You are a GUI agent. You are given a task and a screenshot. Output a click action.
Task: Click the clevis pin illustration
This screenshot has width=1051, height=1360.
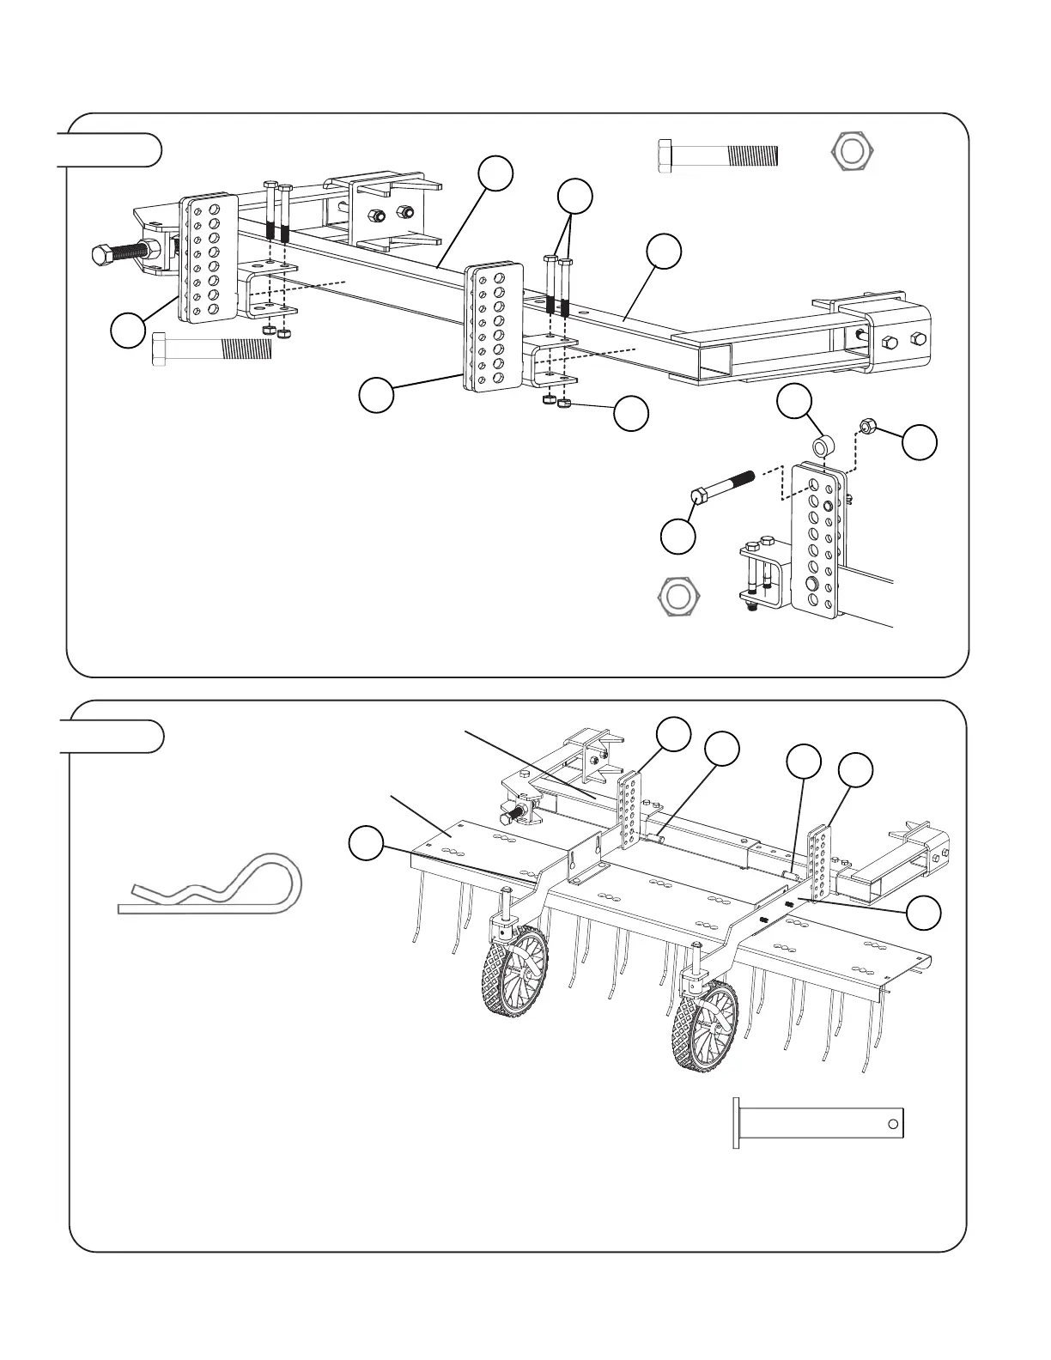tap(818, 1122)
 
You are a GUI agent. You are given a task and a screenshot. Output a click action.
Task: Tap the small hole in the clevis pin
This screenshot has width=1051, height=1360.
tap(894, 1122)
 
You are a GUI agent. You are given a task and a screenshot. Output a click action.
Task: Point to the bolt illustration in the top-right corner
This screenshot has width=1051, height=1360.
tap(717, 155)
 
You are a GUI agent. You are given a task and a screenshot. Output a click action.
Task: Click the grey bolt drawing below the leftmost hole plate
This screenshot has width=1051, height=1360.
tap(211, 350)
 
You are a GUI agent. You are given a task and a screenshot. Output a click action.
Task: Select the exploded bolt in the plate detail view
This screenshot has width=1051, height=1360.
tap(721, 485)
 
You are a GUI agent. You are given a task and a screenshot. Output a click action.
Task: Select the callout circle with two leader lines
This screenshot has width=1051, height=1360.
tap(574, 196)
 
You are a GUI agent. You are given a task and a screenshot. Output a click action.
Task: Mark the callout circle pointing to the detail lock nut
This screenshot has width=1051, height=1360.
tap(920, 441)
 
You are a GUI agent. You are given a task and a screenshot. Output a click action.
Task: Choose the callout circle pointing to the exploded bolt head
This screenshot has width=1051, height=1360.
tap(677, 537)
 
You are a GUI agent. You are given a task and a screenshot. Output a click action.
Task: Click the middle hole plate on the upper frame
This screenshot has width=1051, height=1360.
tap(494, 328)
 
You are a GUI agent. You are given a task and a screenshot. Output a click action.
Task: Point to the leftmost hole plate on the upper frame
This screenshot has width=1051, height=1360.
tap(208, 259)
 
